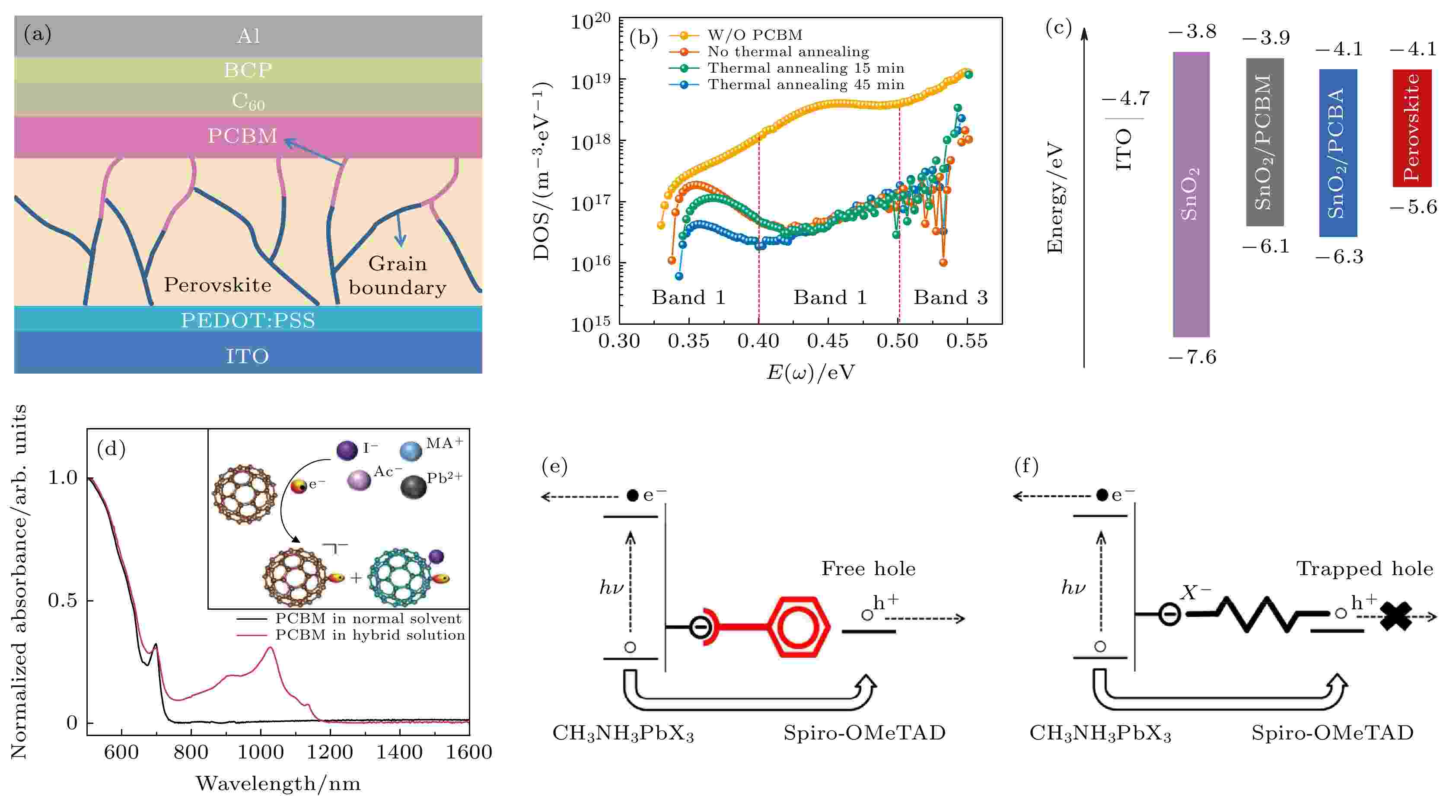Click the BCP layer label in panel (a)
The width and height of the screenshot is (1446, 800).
[248, 70]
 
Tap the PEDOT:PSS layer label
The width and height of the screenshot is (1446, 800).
[248, 320]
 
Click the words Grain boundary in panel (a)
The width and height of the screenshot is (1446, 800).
[398, 275]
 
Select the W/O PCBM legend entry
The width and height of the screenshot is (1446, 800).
[755, 35]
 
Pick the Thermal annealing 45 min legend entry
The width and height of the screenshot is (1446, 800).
[805, 85]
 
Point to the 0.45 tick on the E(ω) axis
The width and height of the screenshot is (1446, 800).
[828, 340]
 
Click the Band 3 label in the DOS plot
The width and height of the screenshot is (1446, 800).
[950, 297]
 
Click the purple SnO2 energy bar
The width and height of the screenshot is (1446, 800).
[1191, 194]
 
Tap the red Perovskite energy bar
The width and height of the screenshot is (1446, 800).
[1411, 128]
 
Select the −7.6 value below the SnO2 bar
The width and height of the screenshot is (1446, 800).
[1192, 357]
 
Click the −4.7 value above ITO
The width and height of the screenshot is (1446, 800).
[1125, 99]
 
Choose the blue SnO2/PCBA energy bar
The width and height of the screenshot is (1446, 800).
[1338, 153]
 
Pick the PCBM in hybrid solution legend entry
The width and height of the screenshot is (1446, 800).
[369, 635]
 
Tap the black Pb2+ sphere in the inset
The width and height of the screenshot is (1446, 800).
[414, 487]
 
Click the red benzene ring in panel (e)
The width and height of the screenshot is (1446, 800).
[798, 627]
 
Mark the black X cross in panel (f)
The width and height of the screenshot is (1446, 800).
[1395, 616]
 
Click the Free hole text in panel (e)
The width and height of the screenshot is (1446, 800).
[868, 569]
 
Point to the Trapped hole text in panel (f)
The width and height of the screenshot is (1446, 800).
[1364, 569]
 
